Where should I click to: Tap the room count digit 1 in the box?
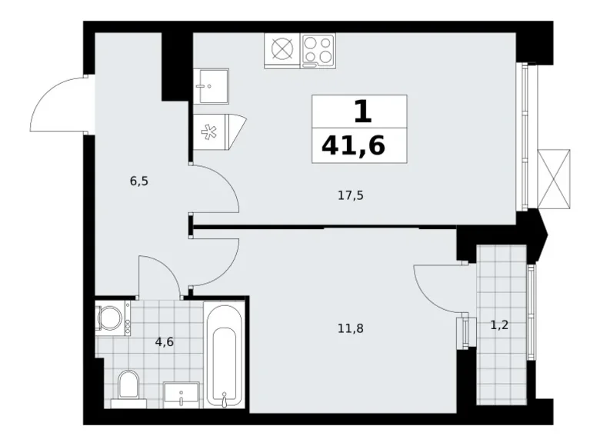(362, 111)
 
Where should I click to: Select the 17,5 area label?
(350, 196)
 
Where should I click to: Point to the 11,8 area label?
(350, 328)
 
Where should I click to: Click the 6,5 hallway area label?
(139, 181)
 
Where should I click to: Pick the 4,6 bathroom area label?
(164, 341)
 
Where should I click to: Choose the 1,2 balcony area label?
(499, 325)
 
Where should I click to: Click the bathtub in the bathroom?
(225, 355)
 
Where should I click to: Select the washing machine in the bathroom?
(113, 317)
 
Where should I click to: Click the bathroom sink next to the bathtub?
(182, 393)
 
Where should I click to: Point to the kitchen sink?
(210, 85)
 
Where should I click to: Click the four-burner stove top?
(318, 50)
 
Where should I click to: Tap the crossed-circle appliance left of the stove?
(282, 50)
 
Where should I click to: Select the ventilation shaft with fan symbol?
(214, 129)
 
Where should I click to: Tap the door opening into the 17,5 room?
(215, 188)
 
